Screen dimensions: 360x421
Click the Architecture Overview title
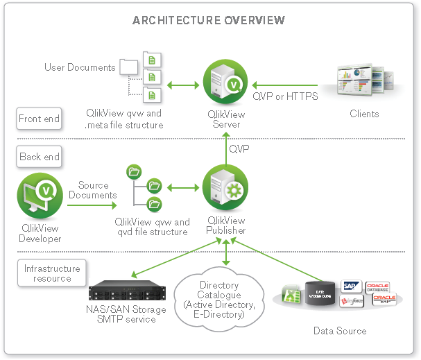(x=209, y=20)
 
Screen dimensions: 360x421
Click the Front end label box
(x=39, y=119)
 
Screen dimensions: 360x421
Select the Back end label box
(x=40, y=157)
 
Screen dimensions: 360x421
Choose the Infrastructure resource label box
(x=52, y=273)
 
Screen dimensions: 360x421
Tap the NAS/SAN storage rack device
(x=123, y=288)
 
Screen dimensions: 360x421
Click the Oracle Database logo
(x=378, y=286)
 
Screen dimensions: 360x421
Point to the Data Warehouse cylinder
(x=321, y=293)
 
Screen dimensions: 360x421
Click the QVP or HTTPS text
(x=284, y=97)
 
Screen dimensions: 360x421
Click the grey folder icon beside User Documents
(x=129, y=67)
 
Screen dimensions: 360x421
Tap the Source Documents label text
(x=93, y=190)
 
